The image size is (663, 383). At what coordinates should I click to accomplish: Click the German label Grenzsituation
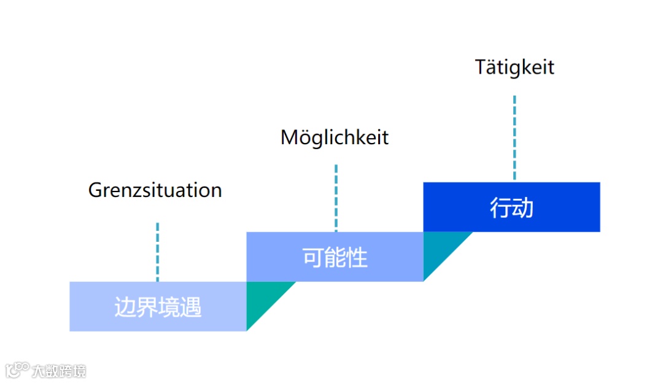pyautogui.click(x=155, y=190)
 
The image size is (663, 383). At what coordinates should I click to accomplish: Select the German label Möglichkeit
pyautogui.click(x=335, y=137)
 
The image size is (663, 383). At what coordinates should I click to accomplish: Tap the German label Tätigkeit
pyautogui.click(x=514, y=67)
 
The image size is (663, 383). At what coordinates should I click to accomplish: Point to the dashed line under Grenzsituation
pyautogui.click(x=157, y=252)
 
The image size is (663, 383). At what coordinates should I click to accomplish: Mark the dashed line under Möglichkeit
pyautogui.click(x=336, y=198)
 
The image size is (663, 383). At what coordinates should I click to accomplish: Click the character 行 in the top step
pyautogui.click(x=500, y=208)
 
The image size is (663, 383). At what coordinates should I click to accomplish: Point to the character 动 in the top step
pyautogui.click(x=523, y=208)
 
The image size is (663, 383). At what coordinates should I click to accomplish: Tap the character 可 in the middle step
pyautogui.click(x=313, y=258)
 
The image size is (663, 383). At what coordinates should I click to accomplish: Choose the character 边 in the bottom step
pyautogui.click(x=125, y=307)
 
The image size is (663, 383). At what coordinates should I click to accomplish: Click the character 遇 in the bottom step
pyautogui.click(x=191, y=307)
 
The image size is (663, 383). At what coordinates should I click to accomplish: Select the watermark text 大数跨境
pyautogui.click(x=59, y=371)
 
